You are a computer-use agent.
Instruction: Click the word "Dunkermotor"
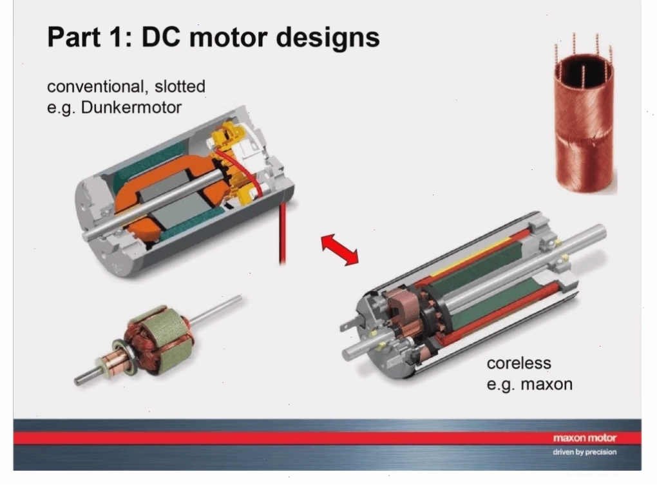click(x=131, y=108)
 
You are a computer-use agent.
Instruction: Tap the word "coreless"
click(x=519, y=363)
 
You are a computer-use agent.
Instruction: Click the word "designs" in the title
click(x=328, y=37)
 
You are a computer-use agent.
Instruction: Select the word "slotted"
click(x=180, y=86)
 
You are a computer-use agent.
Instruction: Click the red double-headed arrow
click(x=340, y=250)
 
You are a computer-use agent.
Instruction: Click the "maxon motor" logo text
click(x=584, y=438)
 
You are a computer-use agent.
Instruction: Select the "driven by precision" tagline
click(x=584, y=452)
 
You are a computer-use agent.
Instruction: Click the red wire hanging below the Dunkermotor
click(x=282, y=233)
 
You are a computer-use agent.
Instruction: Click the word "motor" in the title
click(x=229, y=37)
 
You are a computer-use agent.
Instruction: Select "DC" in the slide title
click(x=161, y=37)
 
